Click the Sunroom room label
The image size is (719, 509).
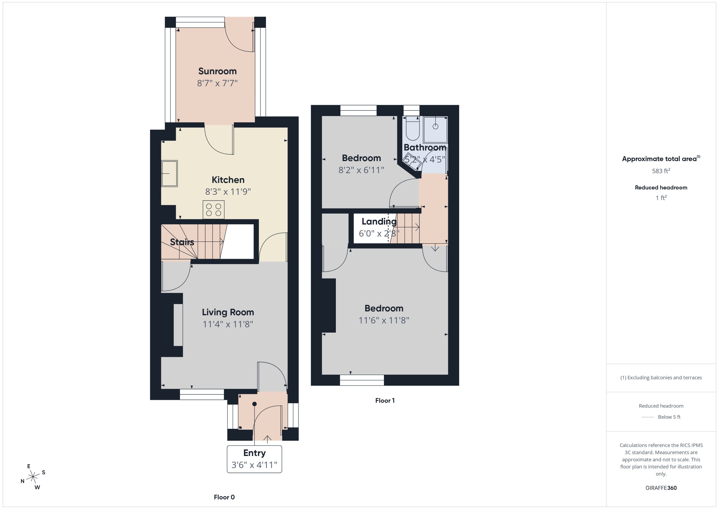217,71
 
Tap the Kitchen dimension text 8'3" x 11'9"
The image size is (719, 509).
228,192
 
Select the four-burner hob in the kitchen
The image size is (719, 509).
213,210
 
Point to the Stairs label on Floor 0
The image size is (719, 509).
182,242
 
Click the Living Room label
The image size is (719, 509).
228,312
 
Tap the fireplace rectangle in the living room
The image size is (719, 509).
178,325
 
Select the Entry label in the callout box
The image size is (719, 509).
254,453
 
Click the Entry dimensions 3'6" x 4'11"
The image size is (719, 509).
254,465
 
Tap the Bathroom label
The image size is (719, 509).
425,147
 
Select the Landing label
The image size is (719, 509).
379,222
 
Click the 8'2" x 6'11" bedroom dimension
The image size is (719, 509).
361,170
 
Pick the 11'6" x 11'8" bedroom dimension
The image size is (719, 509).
384,320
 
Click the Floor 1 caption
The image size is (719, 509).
385,401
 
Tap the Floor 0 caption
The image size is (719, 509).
224,497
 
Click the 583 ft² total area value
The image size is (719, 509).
661,171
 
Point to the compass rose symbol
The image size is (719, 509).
33,477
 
